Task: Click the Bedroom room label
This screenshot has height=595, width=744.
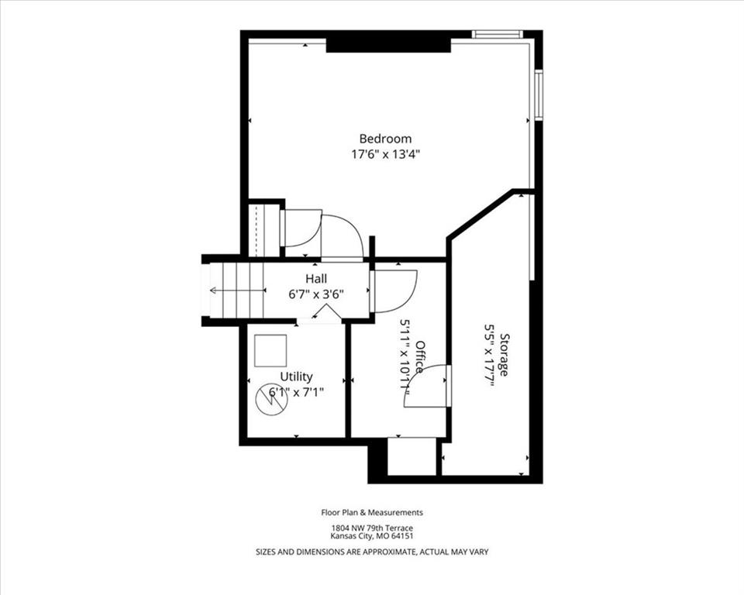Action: (385, 139)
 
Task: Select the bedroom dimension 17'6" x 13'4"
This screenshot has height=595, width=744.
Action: (386, 154)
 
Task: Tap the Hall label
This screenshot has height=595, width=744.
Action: (316, 279)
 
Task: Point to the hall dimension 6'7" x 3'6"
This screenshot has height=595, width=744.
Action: (316, 294)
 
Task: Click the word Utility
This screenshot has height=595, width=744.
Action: (297, 377)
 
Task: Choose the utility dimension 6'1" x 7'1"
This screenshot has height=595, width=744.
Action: (297, 392)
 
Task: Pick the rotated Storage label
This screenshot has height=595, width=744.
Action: (505, 355)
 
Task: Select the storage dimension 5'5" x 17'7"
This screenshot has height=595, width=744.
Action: (490, 355)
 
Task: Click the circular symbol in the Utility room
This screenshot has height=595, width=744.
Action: (272, 400)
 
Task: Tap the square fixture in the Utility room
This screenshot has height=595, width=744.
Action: (270, 351)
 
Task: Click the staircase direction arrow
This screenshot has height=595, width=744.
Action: (237, 291)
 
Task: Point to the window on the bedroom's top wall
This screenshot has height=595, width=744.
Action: (498, 34)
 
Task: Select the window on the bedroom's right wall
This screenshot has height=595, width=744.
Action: (539, 95)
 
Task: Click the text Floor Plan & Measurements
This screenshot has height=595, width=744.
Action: (372, 512)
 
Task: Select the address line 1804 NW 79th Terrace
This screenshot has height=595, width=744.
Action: (372, 528)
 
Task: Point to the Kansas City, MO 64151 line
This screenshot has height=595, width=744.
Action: (372, 536)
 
